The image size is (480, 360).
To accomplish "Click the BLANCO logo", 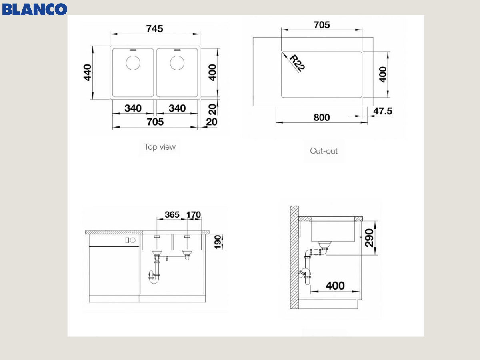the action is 34,9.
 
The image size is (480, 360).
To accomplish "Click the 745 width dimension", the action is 155,29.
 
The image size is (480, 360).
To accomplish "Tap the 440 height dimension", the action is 88,72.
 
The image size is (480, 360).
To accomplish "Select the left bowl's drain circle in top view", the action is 133,63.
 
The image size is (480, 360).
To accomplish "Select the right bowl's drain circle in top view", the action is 177,63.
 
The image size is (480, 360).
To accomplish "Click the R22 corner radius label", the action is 297,63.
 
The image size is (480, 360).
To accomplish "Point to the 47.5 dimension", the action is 383,111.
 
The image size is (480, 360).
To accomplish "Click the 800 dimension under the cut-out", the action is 322,117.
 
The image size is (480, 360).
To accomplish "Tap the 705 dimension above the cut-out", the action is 322,25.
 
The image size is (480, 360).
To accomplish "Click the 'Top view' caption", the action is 160,147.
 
